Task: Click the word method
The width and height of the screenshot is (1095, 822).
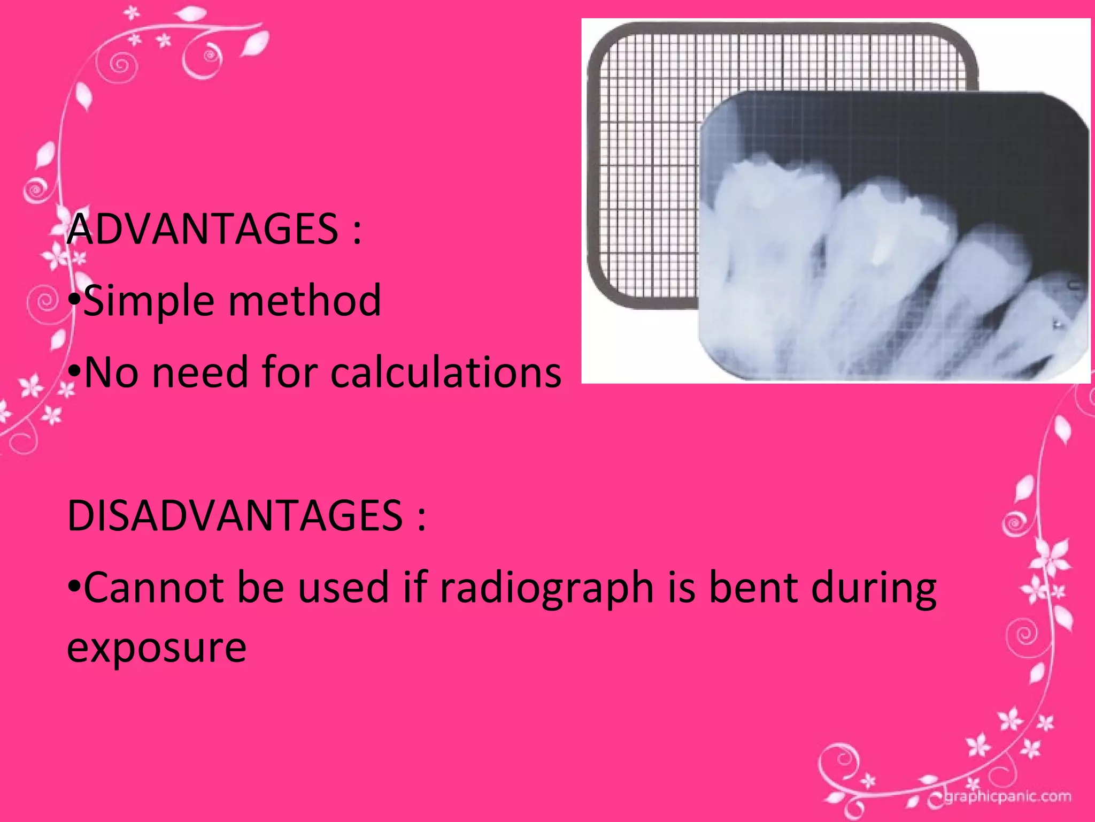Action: click(305, 301)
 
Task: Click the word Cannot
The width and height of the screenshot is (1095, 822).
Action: click(152, 588)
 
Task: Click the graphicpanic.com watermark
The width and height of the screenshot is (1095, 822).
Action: click(1007, 797)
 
